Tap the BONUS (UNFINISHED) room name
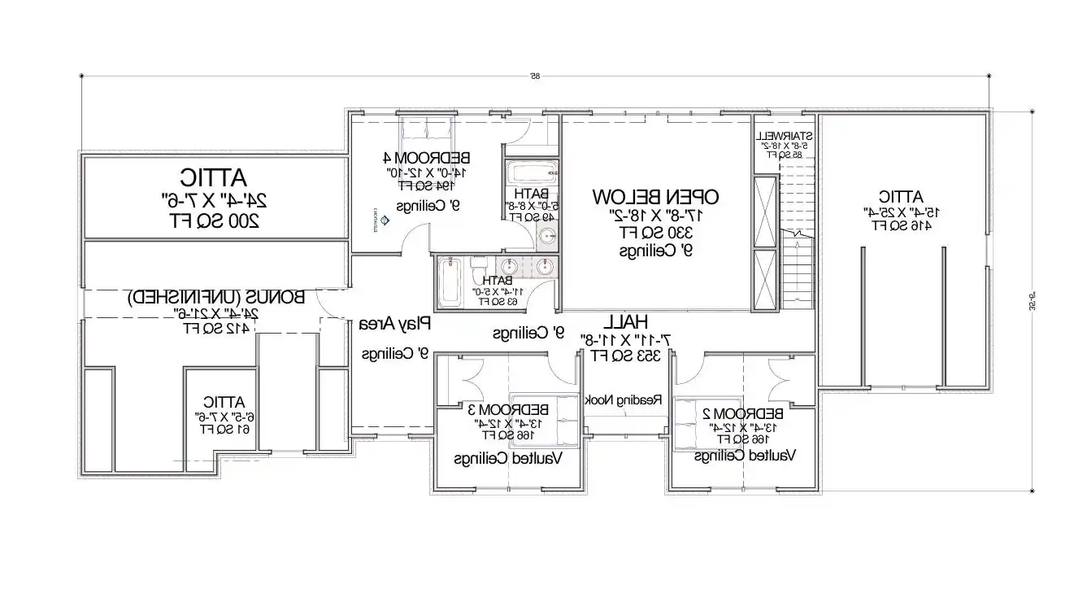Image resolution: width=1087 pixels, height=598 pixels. pos(215,297)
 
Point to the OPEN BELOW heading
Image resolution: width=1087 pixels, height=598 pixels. pos(655,197)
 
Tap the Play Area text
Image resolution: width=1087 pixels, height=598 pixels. pos(395,324)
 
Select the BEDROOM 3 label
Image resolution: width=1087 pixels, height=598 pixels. pos(514,408)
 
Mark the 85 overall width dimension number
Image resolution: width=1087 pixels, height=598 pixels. pos(536,76)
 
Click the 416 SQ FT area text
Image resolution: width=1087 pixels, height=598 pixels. pos(900,226)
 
